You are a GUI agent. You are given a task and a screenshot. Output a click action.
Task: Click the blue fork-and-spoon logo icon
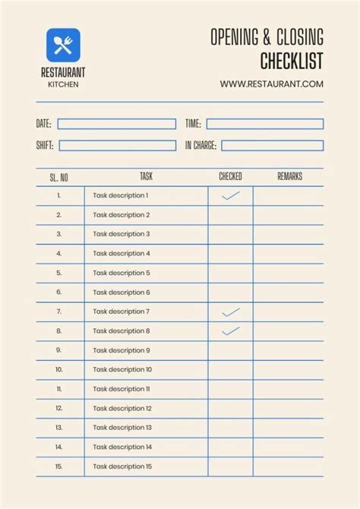click(63, 45)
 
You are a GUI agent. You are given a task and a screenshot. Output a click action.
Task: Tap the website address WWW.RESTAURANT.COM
click(272, 84)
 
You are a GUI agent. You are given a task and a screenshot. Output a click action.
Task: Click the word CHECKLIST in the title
click(292, 60)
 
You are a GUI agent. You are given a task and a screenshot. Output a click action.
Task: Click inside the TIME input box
click(264, 124)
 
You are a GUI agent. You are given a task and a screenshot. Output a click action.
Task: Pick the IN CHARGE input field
click(272, 145)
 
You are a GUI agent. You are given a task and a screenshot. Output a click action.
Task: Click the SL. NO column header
click(59, 177)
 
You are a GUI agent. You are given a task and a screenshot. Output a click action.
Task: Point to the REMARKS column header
click(289, 176)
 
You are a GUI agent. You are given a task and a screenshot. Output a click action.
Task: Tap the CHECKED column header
click(230, 176)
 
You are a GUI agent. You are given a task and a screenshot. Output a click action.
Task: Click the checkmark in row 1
click(230, 195)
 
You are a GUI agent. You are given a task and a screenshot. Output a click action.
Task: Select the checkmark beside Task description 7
click(230, 311)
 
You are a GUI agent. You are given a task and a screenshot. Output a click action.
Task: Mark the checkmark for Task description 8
click(230, 330)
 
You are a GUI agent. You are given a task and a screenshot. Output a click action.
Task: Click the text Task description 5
click(122, 273)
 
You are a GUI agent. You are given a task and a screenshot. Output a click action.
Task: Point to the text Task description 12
click(123, 409)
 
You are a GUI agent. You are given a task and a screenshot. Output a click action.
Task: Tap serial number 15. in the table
click(58, 466)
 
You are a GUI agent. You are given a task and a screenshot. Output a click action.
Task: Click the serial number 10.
click(58, 370)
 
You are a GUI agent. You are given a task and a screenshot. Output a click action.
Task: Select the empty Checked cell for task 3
click(230, 234)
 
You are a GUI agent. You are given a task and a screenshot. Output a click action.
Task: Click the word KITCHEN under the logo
click(63, 84)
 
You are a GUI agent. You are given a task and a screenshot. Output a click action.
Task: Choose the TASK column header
click(146, 176)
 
